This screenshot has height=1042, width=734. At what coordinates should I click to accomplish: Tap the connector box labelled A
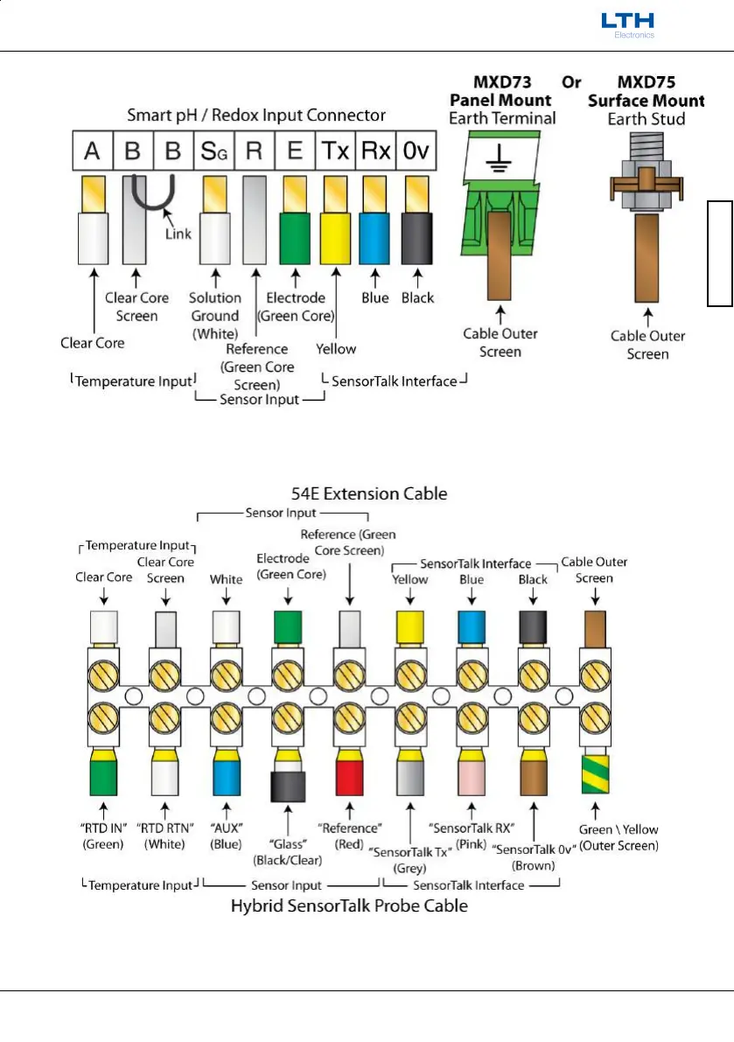[92, 150]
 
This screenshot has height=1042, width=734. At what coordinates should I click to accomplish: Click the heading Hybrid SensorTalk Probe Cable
[349, 906]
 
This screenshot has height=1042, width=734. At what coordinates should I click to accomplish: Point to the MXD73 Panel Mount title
[501, 92]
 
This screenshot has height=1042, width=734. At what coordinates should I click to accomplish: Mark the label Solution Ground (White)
[214, 316]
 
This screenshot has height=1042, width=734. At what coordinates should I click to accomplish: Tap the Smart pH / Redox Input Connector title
[256, 115]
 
